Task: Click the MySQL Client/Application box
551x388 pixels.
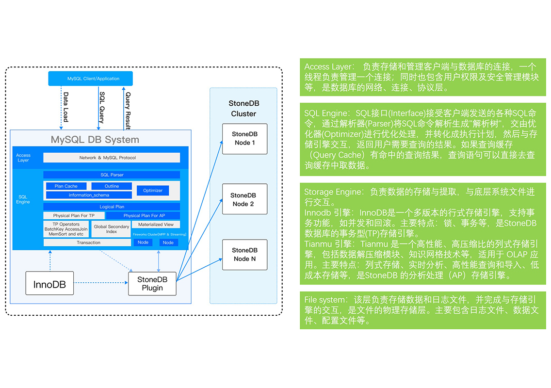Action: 93,79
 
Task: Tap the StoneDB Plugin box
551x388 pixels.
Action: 152,284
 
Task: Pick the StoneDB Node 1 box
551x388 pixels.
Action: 244,139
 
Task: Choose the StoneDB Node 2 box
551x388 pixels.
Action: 244,199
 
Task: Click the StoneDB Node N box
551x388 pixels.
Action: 244,255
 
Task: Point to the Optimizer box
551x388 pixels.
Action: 153,191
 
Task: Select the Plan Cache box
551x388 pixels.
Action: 65,186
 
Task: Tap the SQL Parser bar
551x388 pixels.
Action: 112,175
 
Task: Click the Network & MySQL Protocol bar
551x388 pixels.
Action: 112,158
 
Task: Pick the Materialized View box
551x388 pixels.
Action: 156,225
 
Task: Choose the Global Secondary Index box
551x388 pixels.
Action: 112,229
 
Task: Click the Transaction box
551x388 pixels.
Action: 88,242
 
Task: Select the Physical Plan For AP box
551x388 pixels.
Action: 143,215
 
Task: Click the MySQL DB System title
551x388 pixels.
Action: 95,140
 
